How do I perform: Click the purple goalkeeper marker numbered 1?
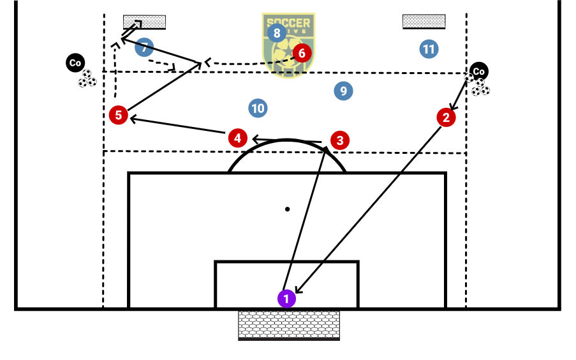tap(286, 298)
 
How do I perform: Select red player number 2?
tap(446, 117)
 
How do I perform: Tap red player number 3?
tap(340, 140)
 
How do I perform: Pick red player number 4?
tap(237, 137)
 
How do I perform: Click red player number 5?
tap(118, 115)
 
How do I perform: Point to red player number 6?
tap(302, 52)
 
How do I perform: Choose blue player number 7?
tap(145, 47)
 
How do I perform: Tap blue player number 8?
tap(276, 33)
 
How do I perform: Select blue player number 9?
tap(343, 91)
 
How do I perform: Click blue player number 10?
tap(258, 109)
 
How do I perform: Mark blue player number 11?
tap(429, 49)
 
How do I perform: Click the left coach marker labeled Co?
tap(75, 63)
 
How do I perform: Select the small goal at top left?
tap(145, 22)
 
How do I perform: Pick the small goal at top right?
tap(424, 21)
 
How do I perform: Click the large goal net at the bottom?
tap(288, 324)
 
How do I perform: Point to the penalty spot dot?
tap(288, 209)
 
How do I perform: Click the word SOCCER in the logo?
tap(289, 23)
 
